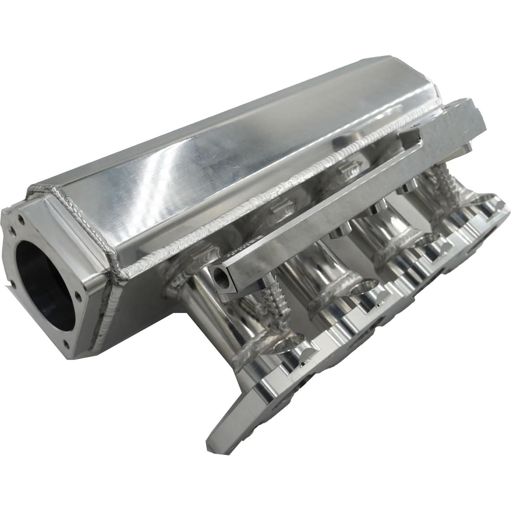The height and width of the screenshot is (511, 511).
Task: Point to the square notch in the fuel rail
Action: (410, 134)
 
